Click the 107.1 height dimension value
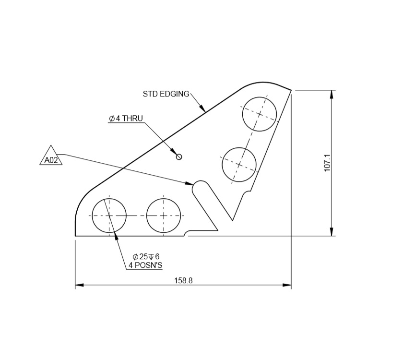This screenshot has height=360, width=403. [x=328, y=163]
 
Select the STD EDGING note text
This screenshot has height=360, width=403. [x=166, y=94]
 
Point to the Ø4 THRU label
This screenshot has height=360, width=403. [x=126, y=119]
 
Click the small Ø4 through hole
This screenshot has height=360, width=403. [x=179, y=156]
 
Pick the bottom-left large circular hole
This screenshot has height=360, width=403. [x=109, y=216]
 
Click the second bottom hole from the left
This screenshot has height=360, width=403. [x=164, y=216]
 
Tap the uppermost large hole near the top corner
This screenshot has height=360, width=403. [x=260, y=114]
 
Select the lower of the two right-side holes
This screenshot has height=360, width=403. [x=239, y=164]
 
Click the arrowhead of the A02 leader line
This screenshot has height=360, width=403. [x=189, y=183]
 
